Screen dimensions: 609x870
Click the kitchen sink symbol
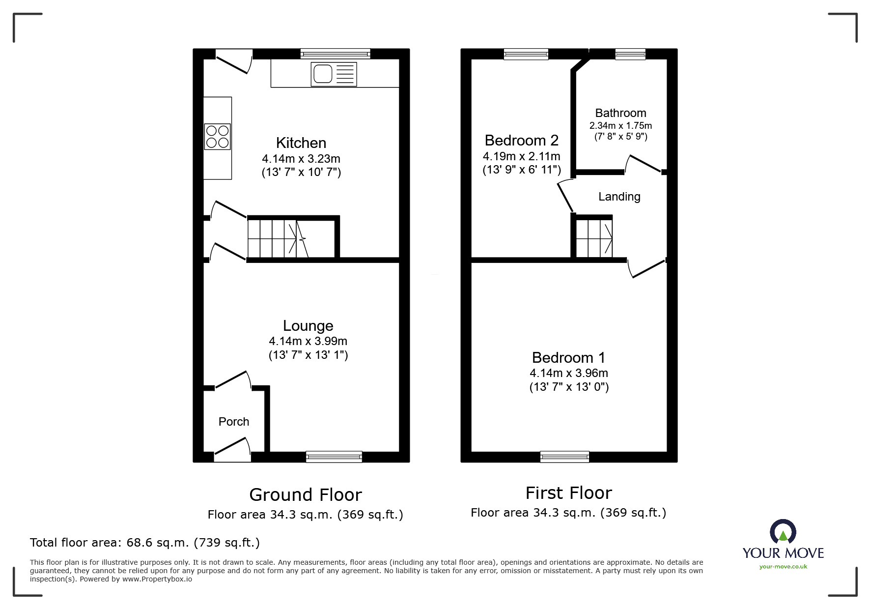coord(334,74)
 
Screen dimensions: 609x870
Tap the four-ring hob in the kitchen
coord(217,136)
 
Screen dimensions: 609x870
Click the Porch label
coord(234,422)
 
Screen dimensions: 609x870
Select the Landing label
coord(619,197)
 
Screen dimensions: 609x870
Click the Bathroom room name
coord(620,113)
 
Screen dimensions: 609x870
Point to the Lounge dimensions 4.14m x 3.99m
coord(308,341)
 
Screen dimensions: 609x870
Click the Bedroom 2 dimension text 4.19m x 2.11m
coord(521,156)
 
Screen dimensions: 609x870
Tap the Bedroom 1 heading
coord(568,357)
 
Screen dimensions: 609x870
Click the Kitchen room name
coord(301,143)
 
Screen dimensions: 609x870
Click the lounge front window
coord(334,457)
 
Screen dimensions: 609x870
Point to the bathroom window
coord(630,54)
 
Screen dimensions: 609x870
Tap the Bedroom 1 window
coord(564,457)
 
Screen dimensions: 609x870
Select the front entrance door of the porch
coord(232,450)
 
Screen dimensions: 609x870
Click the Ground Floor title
coord(305,494)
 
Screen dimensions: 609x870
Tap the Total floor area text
coord(145,543)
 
